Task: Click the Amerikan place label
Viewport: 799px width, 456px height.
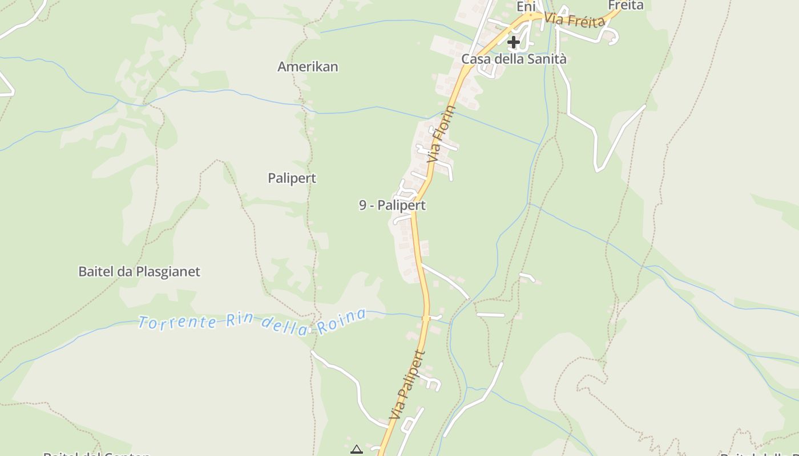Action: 308,67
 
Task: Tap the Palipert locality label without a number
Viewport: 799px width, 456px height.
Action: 292,178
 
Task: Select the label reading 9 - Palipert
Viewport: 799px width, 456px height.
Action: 392,205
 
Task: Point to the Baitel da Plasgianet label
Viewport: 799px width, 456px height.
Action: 139,272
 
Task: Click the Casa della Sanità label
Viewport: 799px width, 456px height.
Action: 514,59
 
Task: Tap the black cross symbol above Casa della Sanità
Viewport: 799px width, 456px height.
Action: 514,42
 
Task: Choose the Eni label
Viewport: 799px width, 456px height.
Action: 526,7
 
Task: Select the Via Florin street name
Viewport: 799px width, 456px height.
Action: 442,135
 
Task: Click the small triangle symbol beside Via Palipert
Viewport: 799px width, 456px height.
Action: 357,450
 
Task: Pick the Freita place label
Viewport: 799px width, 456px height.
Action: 626,6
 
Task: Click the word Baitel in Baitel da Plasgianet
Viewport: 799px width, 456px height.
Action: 96,272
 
